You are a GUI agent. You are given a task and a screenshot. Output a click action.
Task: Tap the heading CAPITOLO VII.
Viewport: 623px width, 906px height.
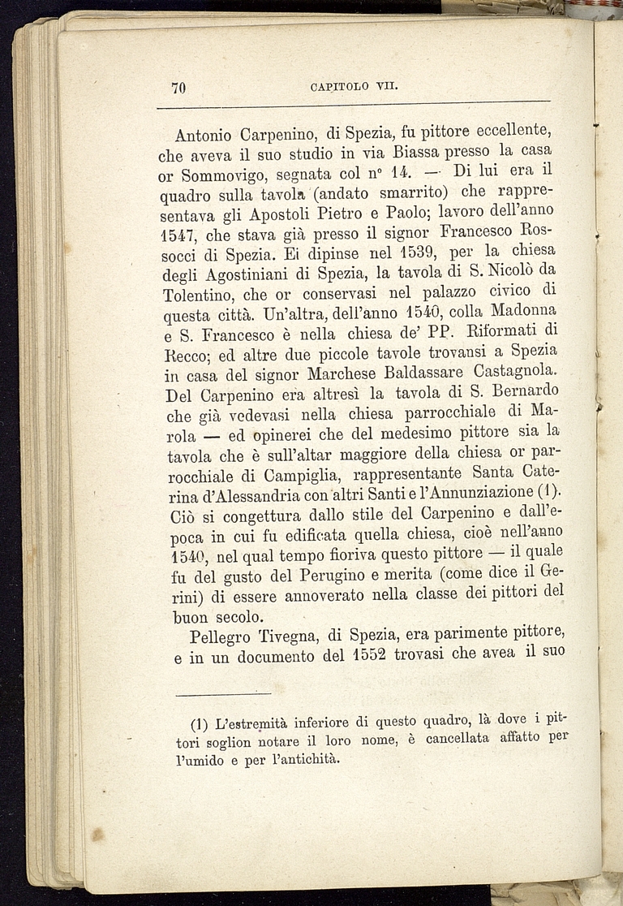[342, 87]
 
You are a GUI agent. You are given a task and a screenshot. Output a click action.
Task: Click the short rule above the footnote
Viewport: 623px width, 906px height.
[222, 693]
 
